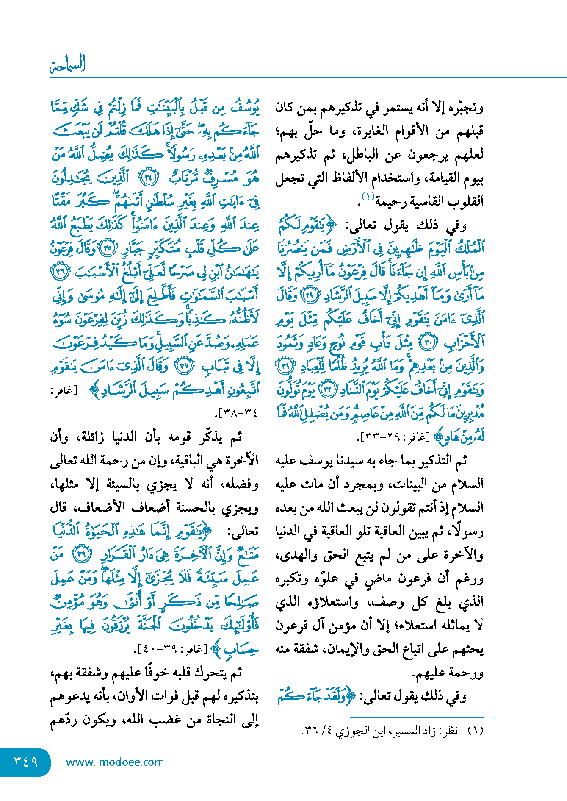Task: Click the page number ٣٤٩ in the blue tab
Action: [x=26, y=762]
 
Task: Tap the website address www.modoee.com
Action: [x=115, y=762]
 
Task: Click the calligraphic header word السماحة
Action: [x=68, y=64]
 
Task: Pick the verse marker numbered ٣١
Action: [x=285, y=366]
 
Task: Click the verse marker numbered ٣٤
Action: [x=149, y=178]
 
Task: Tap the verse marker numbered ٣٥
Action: [x=108, y=248]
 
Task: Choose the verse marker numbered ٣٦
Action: [x=59, y=272]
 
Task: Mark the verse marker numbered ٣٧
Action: [x=184, y=366]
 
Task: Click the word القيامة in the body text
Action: [x=440, y=178]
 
